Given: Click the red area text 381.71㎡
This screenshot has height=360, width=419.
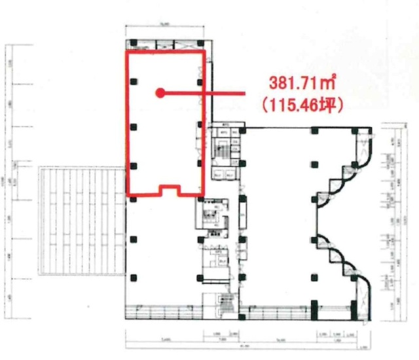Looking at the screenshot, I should click(x=302, y=82).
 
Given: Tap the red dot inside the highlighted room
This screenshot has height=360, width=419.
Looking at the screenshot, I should click(x=158, y=93).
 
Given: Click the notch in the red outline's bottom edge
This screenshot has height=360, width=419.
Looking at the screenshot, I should click(x=169, y=190).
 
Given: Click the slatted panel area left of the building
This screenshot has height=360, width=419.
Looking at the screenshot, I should click(x=81, y=219).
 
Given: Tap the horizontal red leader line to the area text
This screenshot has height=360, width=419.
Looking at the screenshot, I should click(x=203, y=93).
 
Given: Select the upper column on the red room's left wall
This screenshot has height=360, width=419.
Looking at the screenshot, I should click(x=133, y=82).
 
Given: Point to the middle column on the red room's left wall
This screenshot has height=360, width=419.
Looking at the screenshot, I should click(x=133, y=125).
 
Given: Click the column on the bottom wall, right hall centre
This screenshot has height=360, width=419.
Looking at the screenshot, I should click(x=315, y=305).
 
